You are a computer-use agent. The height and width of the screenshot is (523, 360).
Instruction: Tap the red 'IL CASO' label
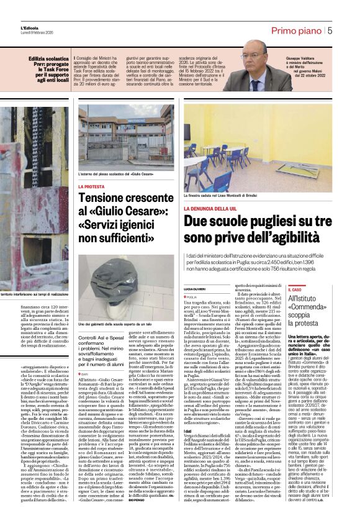point(295,289)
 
